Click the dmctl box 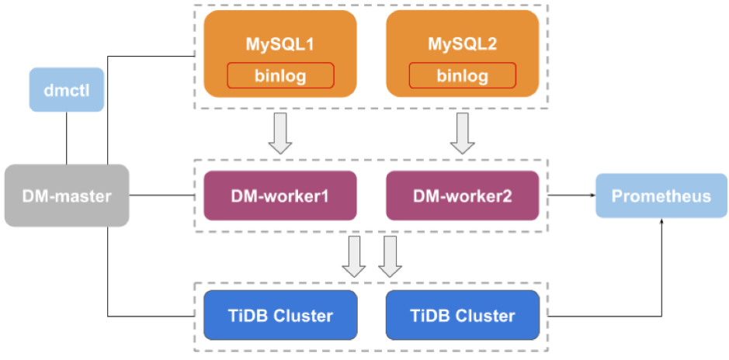[67, 90]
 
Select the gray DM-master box [67, 196]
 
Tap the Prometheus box [661, 196]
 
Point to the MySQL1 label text [280, 44]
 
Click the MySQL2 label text [462, 44]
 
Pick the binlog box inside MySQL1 [280, 76]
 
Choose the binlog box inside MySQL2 [462, 76]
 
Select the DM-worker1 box [280, 196]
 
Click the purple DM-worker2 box [462, 196]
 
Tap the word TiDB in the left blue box [246, 316]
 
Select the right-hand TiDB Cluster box [462, 316]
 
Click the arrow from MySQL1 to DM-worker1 [280, 133]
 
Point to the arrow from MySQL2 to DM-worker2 [463, 133]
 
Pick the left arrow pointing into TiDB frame [355, 256]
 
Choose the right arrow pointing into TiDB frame [390, 256]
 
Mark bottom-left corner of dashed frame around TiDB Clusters [194, 351]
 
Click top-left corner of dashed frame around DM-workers [194, 160]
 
